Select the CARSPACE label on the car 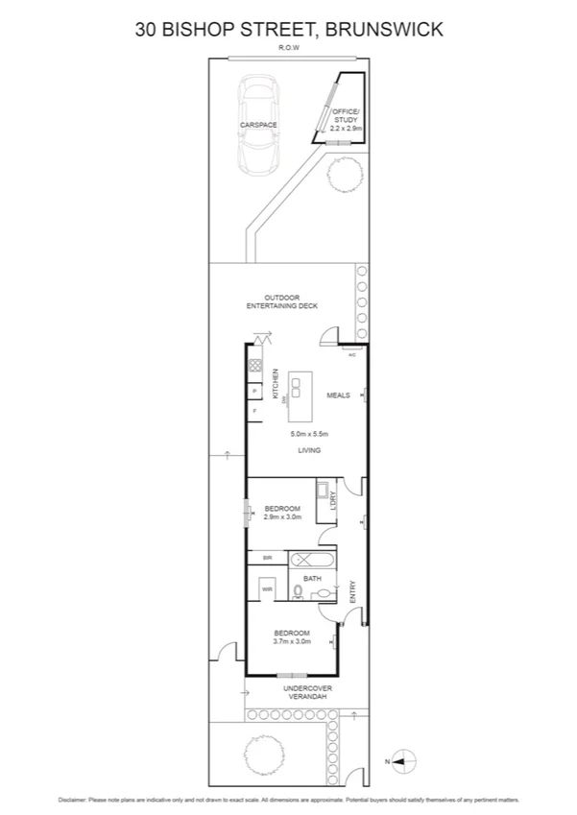(x=258, y=125)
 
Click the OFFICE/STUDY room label (x=344, y=119)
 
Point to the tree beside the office (x=345, y=176)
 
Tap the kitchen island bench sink (x=299, y=388)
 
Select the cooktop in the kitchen (x=254, y=366)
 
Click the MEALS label (x=338, y=395)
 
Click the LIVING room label (x=308, y=450)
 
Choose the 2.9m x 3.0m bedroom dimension (x=282, y=516)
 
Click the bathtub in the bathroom (x=312, y=560)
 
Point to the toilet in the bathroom (x=300, y=594)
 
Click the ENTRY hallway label (x=352, y=588)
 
